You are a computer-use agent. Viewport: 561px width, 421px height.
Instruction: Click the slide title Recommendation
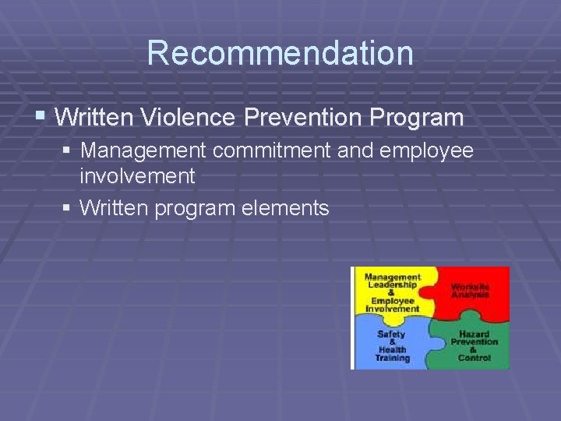pyautogui.click(x=280, y=53)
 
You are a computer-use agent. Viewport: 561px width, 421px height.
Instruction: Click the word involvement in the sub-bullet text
pyautogui.click(x=137, y=176)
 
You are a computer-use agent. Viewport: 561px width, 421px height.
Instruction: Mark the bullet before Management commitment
pyautogui.click(x=68, y=150)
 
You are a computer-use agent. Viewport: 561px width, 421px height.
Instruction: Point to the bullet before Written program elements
pyautogui.click(x=68, y=208)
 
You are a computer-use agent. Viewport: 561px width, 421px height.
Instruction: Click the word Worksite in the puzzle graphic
pyautogui.click(x=471, y=286)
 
